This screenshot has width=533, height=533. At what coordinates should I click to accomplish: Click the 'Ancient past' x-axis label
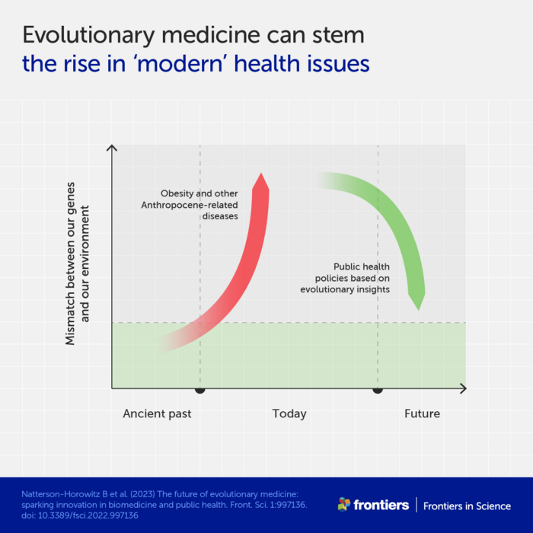[158, 413]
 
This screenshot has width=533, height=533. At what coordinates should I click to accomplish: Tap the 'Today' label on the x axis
[289, 413]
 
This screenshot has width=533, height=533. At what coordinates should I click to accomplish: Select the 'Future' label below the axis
[422, 413]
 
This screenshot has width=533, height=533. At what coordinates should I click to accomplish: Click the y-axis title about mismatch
[77, 263]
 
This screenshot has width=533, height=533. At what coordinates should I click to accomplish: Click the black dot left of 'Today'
[200, 389]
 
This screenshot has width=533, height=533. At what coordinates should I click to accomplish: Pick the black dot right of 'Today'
[377, 389]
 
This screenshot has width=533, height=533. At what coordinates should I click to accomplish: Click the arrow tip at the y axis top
[112, 146]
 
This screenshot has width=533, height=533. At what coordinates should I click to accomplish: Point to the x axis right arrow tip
[465, 388]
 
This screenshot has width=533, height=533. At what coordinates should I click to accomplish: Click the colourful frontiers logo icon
[344, 504]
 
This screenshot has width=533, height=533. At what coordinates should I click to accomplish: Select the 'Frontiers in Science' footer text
[467, 506]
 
